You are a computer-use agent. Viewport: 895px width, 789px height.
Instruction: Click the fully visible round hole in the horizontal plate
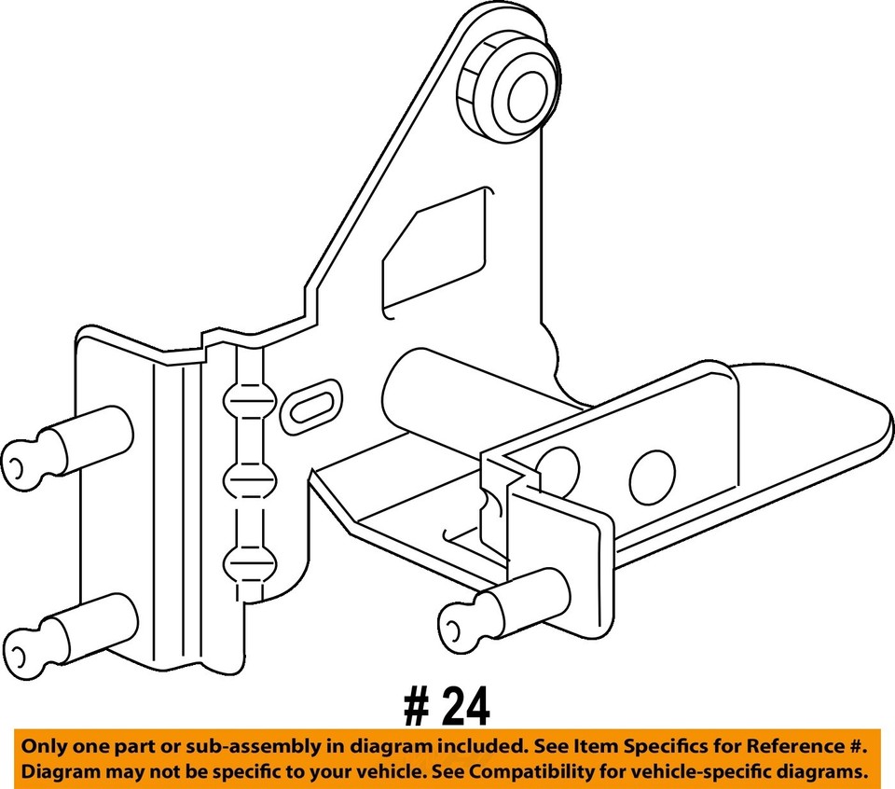coord(652,478)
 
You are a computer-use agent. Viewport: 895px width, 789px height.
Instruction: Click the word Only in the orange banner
coord(44,747)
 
